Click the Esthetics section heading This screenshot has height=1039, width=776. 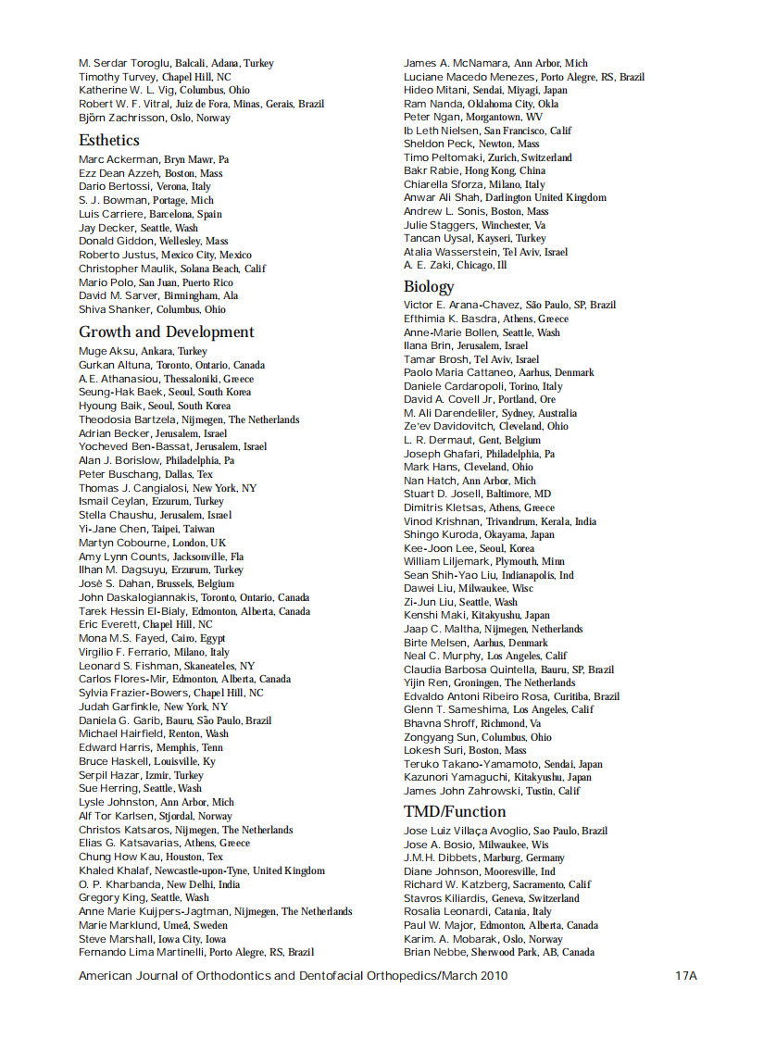[x=109, y=140]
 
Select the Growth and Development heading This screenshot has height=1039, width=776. [x=166, y=332]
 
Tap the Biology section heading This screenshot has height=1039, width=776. [x=429, y=286]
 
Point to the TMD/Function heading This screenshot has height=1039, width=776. [x=455, y=811]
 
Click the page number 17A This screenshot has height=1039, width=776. [x=685, y=975]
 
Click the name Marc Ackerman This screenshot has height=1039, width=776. [x=119, y=159]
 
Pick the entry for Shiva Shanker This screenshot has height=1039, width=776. [x=115, y=309]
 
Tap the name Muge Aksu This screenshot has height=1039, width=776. [x=106, y=351]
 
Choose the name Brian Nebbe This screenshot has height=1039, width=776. [x=434, y=952]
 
